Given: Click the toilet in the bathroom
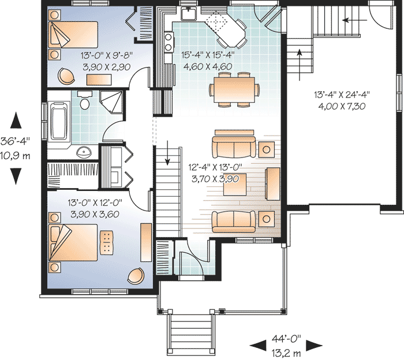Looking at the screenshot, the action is pyautogui.click(x=85, y=100).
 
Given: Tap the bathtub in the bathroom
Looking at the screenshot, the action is pyautogui.click(x=59, y=121).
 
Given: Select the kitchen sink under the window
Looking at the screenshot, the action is pyautogui.click(x=189, y=13).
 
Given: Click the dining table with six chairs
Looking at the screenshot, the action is pyautogui.click(x=234, y=89).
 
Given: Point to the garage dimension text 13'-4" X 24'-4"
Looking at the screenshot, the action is pyautogui.click(x=342, y=95).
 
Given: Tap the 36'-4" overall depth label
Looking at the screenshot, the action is pyautogui.click(x=15, y=141).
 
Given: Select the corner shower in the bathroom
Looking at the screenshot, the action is pyautogui.click(x=111, y=102).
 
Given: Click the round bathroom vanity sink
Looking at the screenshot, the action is pyautogui.click(x=84, y=152).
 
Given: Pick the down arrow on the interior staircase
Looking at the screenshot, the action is pyautogui.click(x=167, y=153).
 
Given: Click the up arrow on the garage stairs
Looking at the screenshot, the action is pyautogui.click(x=299, y=65).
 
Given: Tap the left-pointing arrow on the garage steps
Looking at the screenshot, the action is pyautogui.click(x=354, y=20).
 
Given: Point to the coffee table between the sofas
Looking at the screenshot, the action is pyautogui.click(x=235, y=185).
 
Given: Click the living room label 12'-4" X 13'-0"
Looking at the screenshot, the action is pyautogui.click(x=215, y=167).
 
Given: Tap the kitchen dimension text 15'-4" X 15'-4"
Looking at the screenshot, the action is pyautogui.click(x=208, y=55).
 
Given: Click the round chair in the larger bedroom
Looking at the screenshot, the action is pyautogui.click(x=136, y=276).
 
